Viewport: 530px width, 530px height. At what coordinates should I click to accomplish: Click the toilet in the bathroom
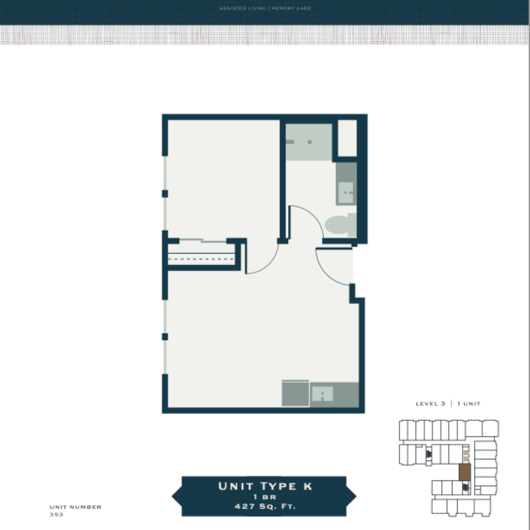(x=340, y=225)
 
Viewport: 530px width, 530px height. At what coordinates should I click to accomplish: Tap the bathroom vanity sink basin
(x=345, y=193)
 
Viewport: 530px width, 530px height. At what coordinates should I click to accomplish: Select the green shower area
(x=309, y=142)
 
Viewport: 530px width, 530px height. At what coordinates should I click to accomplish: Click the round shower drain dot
(x=309, y=142)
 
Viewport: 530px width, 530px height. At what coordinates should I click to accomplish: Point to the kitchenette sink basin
(x=323, y=394)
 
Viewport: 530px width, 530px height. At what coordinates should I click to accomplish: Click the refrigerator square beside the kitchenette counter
(x=295, y=393)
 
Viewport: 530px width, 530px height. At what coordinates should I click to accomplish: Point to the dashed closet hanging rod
(x=201, y=259)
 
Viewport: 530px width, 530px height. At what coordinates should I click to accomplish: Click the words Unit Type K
(x=265, y=486)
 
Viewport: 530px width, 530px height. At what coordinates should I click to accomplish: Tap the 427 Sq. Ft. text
(x=265, y=506)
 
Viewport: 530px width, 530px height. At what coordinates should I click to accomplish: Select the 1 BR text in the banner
(x=265, y=497)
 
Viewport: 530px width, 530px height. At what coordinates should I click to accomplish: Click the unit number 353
(x=56, y=515)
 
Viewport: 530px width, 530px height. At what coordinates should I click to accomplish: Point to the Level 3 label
(x=430, y=403)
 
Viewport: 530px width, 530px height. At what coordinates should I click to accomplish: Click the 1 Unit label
(x=469, y=403)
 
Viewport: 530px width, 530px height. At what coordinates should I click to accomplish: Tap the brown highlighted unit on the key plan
(x=465, y=472)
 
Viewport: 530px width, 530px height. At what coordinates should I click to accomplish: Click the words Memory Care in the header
(x=291, y=8)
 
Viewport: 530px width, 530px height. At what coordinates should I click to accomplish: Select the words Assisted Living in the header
(x=242, y=8)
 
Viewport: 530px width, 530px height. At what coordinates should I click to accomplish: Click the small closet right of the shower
(x=347, y=138)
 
